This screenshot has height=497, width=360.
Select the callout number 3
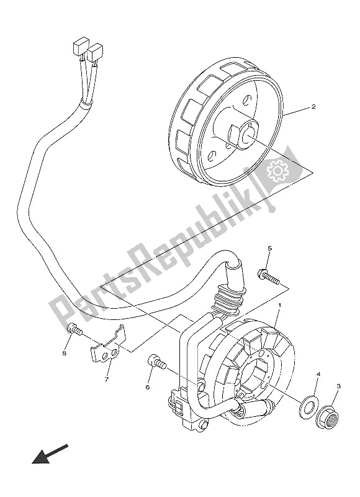[x=338, y=386]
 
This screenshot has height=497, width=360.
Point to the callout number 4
[x=318, y=375]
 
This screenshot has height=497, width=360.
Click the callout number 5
[x=269, y=248]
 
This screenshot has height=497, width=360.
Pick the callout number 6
[x=148, y=387]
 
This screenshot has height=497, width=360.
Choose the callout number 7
[x=107, y=380]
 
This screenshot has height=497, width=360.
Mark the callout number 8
[x=64, y=353]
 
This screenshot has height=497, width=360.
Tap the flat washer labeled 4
[x=307, y=407]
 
